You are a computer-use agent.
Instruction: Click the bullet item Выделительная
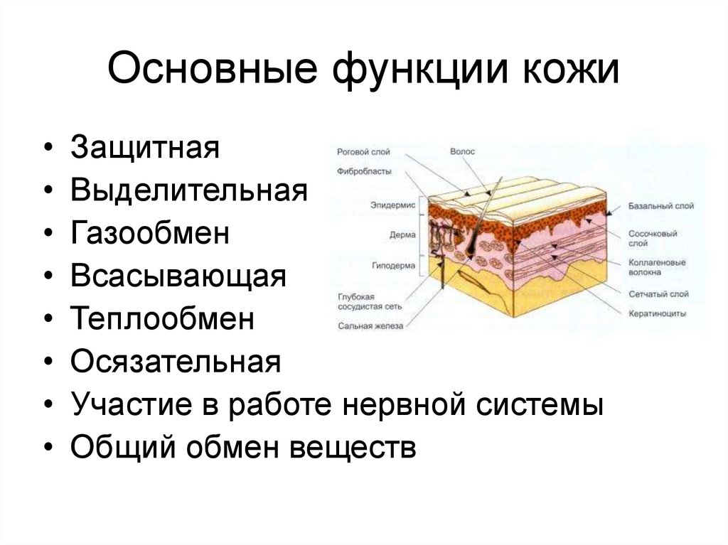click(x=188, y=192)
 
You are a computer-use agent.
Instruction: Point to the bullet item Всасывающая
click(x=178, y=277)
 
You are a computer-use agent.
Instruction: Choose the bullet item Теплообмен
click(x=162, y=320)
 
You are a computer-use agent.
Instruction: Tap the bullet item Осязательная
click(x=176, y=362)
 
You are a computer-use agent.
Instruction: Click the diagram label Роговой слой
click(x=363, y=152)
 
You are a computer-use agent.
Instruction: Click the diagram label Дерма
click(x=397, y=234)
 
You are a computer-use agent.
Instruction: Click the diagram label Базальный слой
click(x=660, y=206)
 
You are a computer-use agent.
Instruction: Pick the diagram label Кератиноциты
click(x=657, y=313)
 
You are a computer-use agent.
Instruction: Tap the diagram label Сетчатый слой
click(x=658, y=293)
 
